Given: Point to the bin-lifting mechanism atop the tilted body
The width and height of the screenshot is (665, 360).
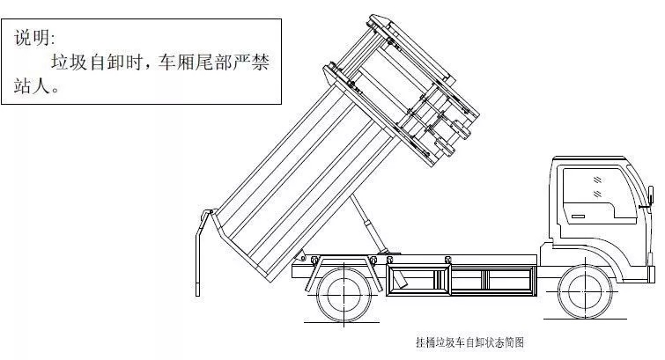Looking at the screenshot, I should pyautogui.click(x=414, y=97).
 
